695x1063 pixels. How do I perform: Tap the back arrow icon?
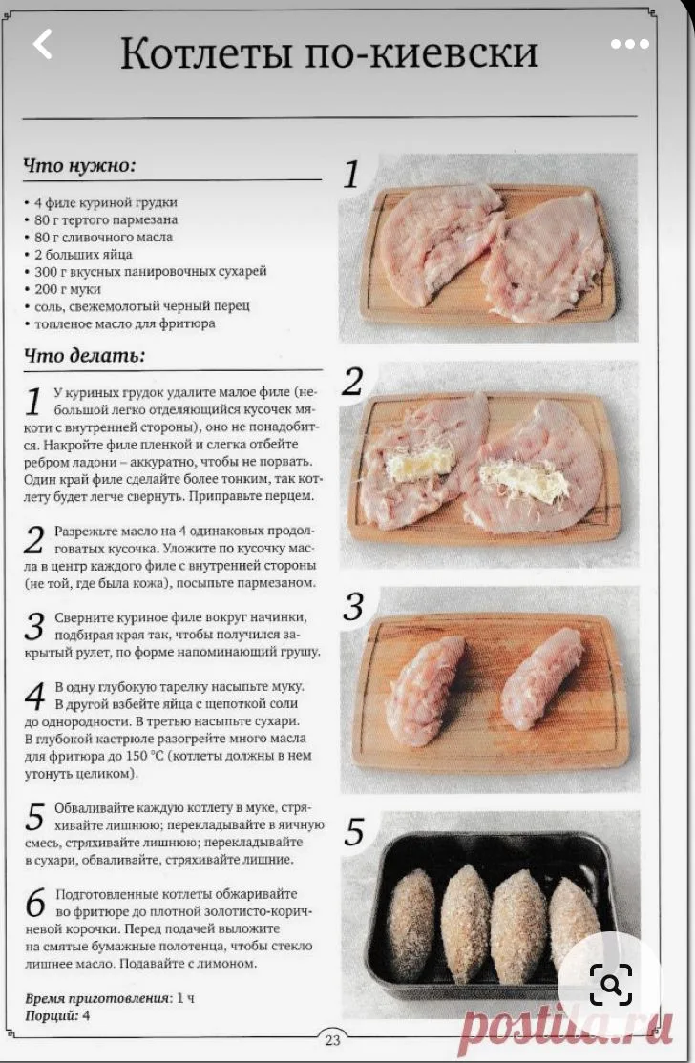tap(43, 44)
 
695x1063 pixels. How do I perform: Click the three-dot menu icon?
tap(630, 45)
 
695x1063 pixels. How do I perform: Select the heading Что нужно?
tap(80, 166)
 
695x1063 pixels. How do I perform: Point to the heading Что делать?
tap(85, 355)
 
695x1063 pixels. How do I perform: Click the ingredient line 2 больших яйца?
tap(83, 254)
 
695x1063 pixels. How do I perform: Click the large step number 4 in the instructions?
tap(35, 697)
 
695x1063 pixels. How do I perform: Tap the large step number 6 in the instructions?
tap(35, 903)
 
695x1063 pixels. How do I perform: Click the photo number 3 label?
tap(353, 607)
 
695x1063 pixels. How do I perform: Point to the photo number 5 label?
tap(354, 832)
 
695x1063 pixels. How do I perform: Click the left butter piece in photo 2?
tap(417, 465)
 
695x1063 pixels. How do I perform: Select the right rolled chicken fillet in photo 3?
tap(542, 677)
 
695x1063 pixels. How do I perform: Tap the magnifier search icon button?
tap(610, 984)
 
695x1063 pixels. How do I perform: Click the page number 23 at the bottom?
tap(332, 1039)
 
